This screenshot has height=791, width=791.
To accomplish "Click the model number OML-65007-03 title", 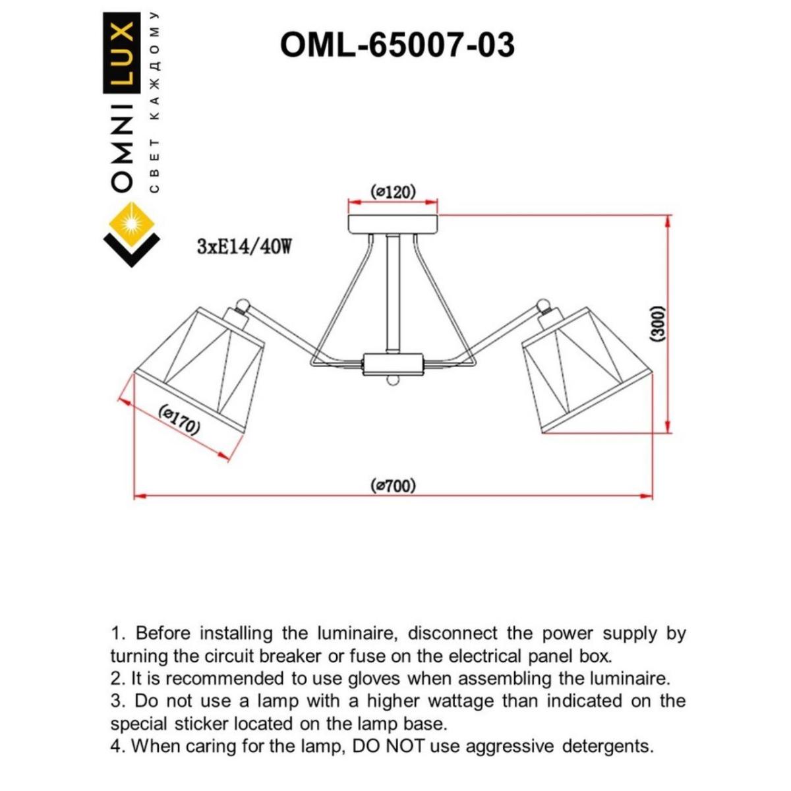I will [x=397, y=45].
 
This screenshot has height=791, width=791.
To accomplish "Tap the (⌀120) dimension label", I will [x=394, y=192].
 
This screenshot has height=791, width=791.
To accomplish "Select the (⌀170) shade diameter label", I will [x=179, y=421].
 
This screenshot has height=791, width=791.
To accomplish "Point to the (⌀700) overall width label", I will [x=394, y=486].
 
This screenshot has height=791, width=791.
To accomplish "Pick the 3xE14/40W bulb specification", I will [x=244, y=247].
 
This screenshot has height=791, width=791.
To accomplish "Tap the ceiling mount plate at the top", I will [x=394, y=223].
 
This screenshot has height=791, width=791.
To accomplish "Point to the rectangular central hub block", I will [x=393, y=363].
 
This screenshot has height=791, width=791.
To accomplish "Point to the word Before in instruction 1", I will [x=163, y=633].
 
